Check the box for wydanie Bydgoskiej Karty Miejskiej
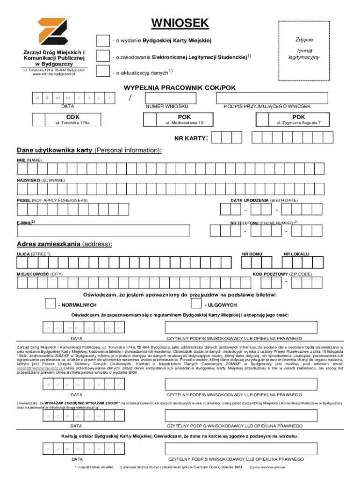tap(103, 41)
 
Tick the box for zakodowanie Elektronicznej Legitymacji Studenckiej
tap(103, 56)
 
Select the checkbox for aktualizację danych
tap(103, 72)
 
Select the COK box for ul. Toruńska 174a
tap(72, 120)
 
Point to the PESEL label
tap(23, 200)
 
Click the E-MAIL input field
tap(103, 231)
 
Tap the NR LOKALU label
tap(296, 254)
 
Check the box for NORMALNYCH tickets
tap(50, 304)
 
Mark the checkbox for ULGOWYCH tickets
tap(196, 304)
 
